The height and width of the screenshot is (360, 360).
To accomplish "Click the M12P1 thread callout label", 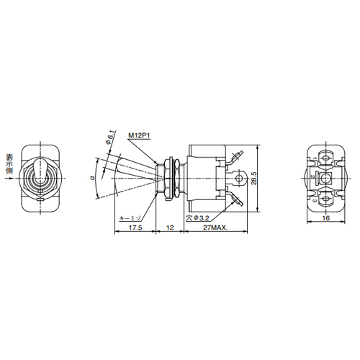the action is (x=139, y=135).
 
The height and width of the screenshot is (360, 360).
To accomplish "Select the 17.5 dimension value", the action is (x=135, y=228).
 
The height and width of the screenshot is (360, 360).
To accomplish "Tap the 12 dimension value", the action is (x=170, y=228).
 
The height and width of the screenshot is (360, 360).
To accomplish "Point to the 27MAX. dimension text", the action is (x=215, y=228).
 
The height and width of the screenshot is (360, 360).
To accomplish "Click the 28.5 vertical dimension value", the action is (x=254, y=178).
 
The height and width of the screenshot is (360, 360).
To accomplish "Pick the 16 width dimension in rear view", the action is (x=326, y=218).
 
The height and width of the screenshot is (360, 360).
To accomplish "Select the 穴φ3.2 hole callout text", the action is (x=198, y=218).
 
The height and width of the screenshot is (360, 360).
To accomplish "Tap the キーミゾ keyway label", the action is (x=130, y=218).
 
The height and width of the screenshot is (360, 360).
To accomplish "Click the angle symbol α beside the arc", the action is (x=92, y=178).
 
